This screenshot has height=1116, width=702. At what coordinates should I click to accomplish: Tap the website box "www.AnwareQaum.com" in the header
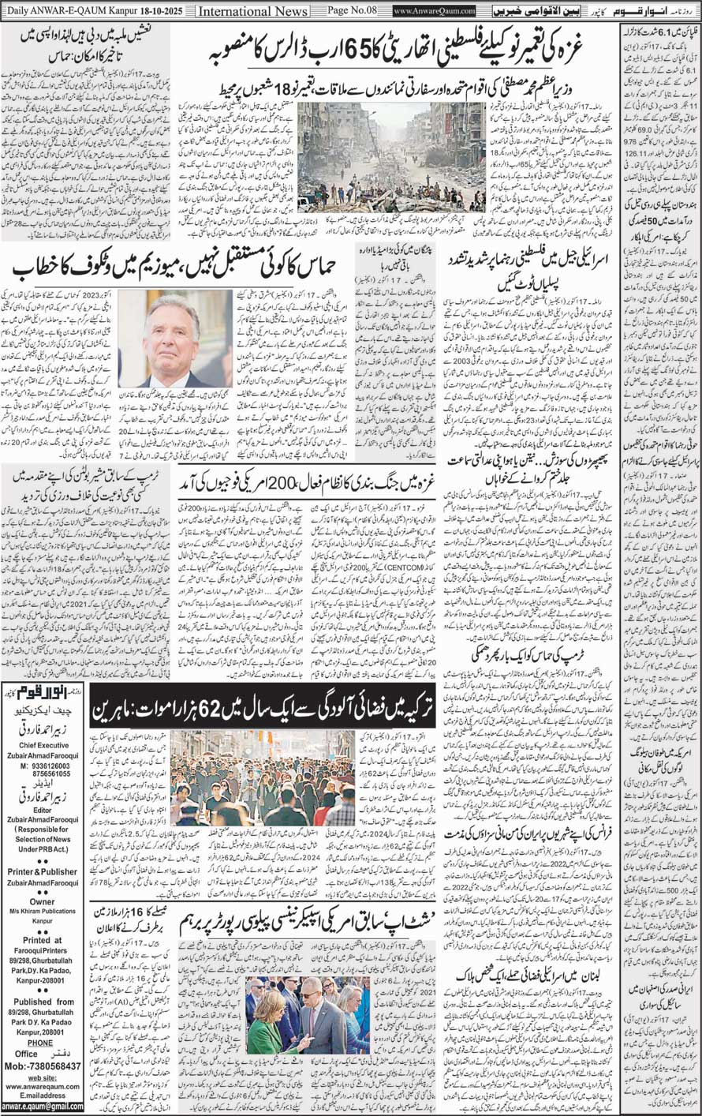coord(435,11)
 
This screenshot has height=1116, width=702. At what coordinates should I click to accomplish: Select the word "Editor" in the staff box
coord(43,811)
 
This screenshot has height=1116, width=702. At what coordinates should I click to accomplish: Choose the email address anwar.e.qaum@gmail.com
coord(43,1107)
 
